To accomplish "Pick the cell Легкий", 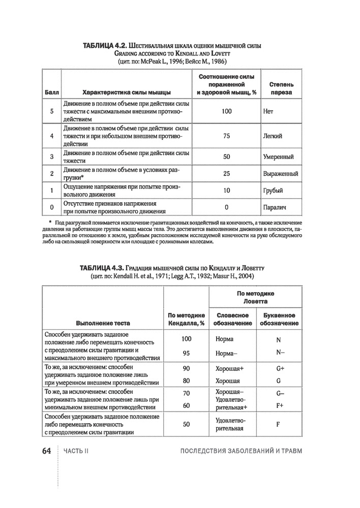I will (x=273, y=136).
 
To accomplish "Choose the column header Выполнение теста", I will (x=103, y=323).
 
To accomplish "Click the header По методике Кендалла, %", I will (x=186, y=319).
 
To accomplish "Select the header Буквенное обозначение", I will (x=279, y=319).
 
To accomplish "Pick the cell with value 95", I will (x=186, y=353).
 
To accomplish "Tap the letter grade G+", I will (x=279, y=367).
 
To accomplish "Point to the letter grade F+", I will (x=279, y=405).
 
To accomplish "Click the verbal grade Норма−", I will (x=227, y=353).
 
